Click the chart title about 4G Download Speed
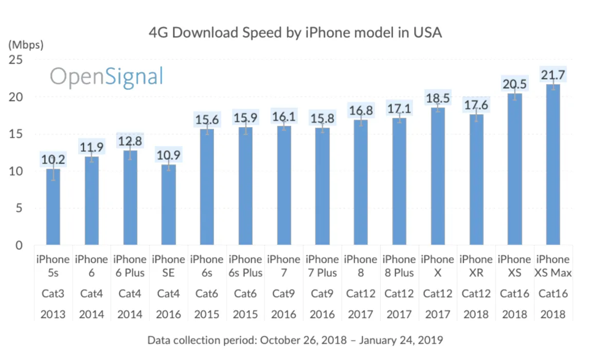tap(295, 33)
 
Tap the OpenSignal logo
tap(106, 77)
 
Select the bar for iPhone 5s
tap(53, 207)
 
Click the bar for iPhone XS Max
tap(553, 165)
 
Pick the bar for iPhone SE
tap(169, 205)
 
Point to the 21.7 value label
tap(553, 75)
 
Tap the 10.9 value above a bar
tap(169, 155)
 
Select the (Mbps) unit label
tap(26, 45)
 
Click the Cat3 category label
tap(53, 294)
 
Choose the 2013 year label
tap(53, 314)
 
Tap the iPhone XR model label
tap(476, 266)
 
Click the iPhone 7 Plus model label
tap(322, 266)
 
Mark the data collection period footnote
tap(295, 340)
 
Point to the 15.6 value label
tap(207, 120)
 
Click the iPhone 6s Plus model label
tap(245, 266)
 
